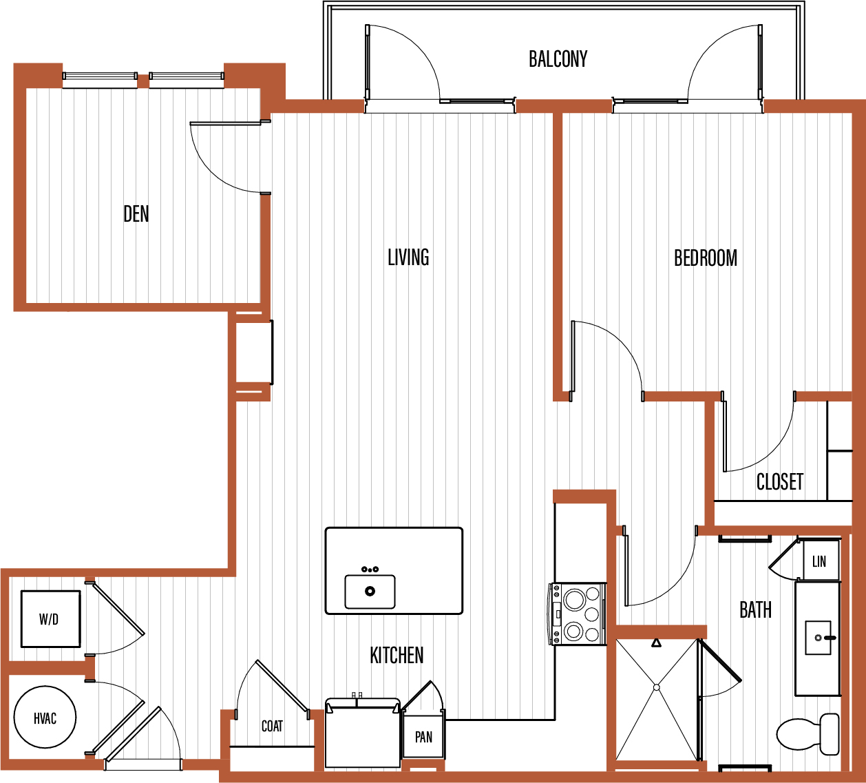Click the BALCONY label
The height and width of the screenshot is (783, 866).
point(558,59)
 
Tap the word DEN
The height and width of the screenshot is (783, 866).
point(136,213)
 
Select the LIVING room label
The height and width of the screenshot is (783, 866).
point(408,258)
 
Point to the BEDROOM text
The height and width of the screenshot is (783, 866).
point(706,258)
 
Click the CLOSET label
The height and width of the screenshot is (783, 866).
point(780,481)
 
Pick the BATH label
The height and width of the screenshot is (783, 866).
point(755,610)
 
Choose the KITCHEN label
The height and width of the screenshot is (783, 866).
point(397,655)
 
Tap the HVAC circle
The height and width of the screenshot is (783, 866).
point(45,718)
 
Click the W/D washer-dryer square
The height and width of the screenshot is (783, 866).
point(51,619)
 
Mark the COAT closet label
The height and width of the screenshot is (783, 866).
point(272,726)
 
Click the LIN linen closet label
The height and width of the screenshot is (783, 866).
point(819,561)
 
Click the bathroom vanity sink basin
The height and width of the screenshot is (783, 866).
point(818,638)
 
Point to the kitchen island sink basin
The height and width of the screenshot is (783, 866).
point(370,592)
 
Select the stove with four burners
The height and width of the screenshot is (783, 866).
point(577,614)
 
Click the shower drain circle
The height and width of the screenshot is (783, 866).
point(657,687)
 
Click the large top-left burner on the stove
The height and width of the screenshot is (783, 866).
point(575,601)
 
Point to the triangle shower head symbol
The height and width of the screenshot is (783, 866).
point(656,643)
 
